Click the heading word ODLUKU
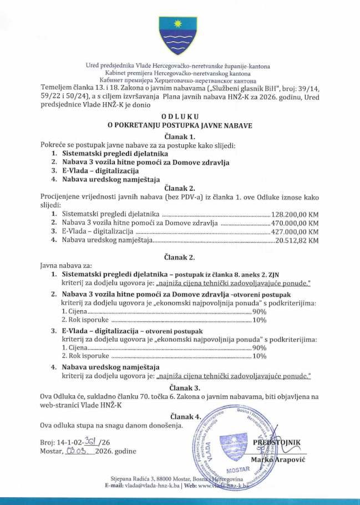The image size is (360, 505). click(180, 117)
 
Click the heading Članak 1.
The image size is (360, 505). click(180, 136)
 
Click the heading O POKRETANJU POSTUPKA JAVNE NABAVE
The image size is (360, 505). click(180, 126)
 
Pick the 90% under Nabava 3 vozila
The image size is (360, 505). click(259, 312)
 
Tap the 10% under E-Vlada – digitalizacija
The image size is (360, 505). click(259, 356)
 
